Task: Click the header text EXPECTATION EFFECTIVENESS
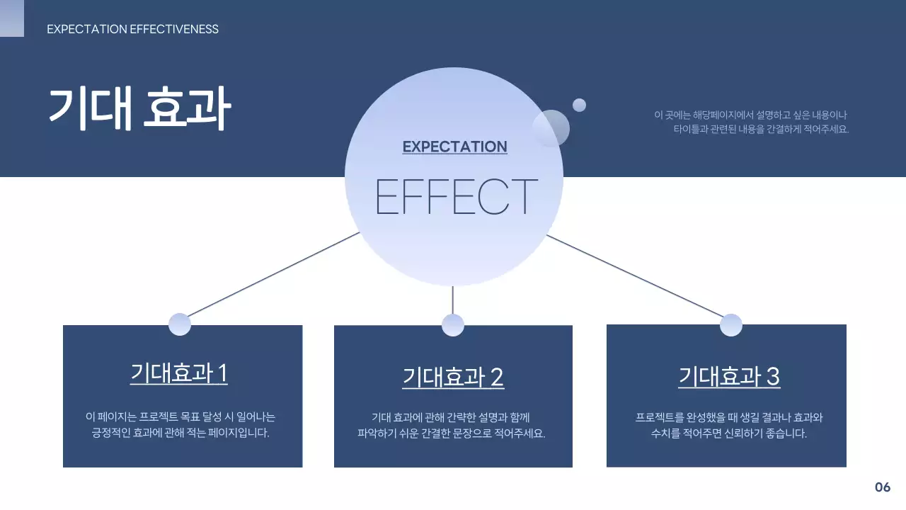pyautogui.click(x=132, y=29)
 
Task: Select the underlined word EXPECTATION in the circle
pyautogui.click(x=454, y=147)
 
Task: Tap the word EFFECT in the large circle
pyautogui.click(x=456, y=196)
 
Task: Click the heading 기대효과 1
pyautogui.click(x=178, y=373)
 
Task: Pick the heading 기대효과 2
pyautogui.click(x=452, y=377)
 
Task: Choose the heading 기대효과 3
pyautogui.click(x=728, y=376)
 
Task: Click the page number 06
pyautogui.click(x=882, y=487)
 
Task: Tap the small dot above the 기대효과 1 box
pyautogui.click(x=180, y=324)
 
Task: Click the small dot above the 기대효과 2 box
pyautogui.click(x=452, y=325)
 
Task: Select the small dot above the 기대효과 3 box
pyautogui.click(x=730, y=324)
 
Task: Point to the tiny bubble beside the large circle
pyautogui.click(x=579, y=105)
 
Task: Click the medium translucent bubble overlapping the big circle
pyautogui.click(x=551, y=128)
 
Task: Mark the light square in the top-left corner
pyautogui.click(x=11, y=18)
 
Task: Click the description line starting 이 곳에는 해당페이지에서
pyautogui.click(x=750, y=115)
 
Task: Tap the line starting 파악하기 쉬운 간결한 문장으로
pyautogui.click(x=452, y=433)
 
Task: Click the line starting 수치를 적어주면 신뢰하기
pyautogui.click(x=728, y=433)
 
